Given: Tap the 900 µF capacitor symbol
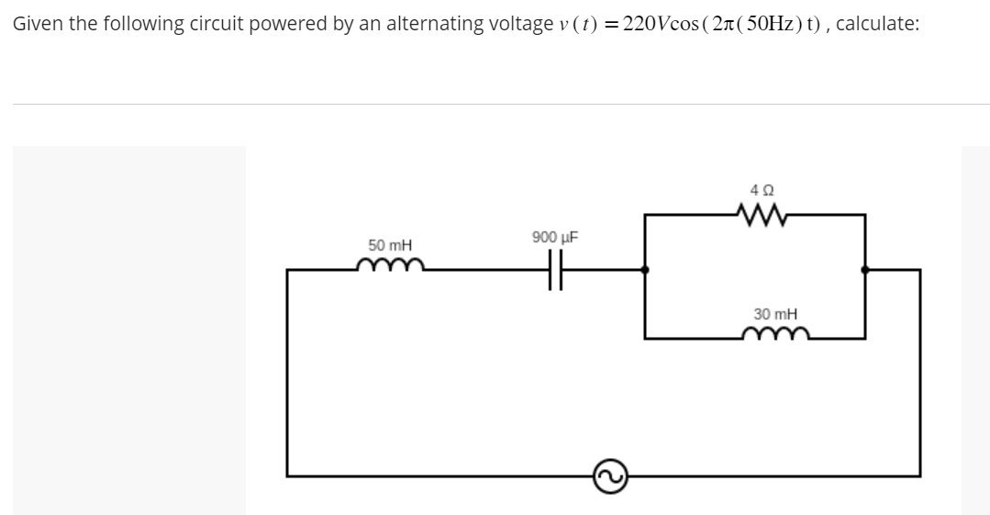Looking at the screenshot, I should [553, 270].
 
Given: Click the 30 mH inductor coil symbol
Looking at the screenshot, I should [775, 335].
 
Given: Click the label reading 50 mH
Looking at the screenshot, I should [390, 245].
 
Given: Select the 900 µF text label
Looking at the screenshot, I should [553, 238].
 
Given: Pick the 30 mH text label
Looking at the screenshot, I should [775, 313].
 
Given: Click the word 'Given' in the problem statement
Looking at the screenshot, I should [35, 24].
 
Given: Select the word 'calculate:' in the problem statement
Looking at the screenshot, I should [878, 24].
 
